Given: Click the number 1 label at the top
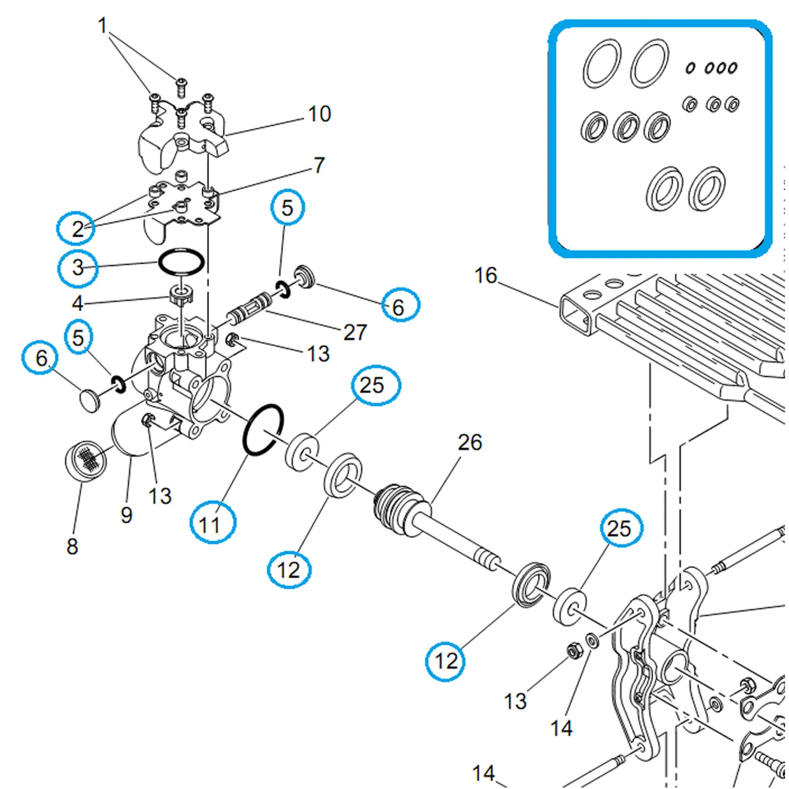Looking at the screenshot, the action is click(103, 26).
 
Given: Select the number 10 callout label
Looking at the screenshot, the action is click(319, 114).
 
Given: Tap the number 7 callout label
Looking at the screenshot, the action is click(320, 165).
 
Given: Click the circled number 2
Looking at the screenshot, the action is click(76, 228).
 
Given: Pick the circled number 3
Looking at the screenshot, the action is click(77, 267).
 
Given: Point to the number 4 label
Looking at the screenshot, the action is click(77, 303).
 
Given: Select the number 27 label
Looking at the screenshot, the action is click(355, 332).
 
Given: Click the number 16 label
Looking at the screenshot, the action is click(486, 275).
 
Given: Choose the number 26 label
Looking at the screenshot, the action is click(469, 442).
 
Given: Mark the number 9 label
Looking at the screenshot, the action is click(127, 515).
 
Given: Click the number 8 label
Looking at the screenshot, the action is click(72, 546).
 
